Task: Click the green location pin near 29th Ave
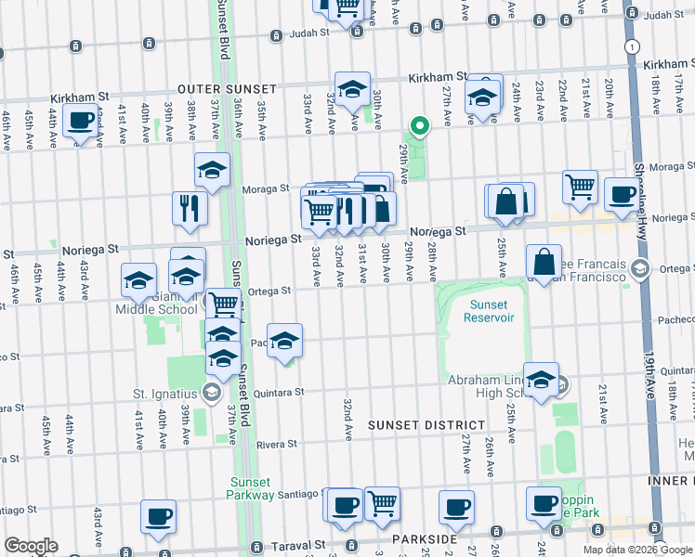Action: coord(419,125)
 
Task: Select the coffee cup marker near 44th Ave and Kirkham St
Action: coord(82,122)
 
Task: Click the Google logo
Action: coord(31,546)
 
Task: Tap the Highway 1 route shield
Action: coord(632,45)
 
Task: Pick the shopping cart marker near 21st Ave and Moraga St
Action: coord(580,187)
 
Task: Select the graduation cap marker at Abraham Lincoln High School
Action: coord(541,378)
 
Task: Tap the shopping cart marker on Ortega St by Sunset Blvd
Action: coord(223,304)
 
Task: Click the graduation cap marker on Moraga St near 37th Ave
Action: coord(212,171)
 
